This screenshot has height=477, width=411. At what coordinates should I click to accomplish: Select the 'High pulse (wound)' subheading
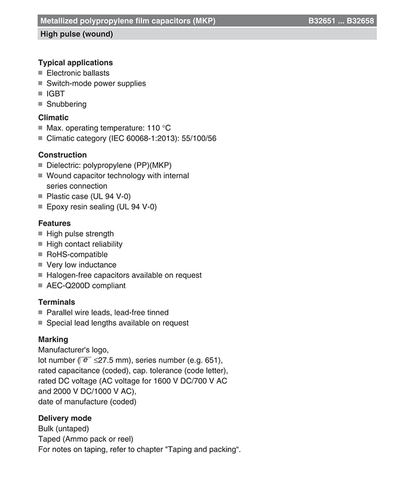click(x=76, y=34)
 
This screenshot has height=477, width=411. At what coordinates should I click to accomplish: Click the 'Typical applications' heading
click(x=75, y=62)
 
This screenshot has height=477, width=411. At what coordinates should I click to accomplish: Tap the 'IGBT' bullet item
click(x=55, y=93)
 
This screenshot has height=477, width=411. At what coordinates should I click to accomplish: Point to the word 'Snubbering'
click(x=66, y=104)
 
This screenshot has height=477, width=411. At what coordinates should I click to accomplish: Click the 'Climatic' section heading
click(x=53, y=117)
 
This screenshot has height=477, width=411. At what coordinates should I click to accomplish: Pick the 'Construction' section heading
click(x=62, y=154)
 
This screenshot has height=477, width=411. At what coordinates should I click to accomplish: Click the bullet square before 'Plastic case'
click(x=41, y=196)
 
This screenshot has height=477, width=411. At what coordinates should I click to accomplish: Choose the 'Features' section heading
click(x=54, y=223)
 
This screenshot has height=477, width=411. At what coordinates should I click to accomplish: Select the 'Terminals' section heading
click(x=57, y=302)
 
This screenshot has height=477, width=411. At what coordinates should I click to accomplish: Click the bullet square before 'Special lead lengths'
click(x=41, y=323)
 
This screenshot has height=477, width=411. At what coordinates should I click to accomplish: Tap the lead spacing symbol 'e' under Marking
click(x=85, y=360)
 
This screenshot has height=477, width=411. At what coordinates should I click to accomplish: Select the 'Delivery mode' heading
click(x=64, y=418)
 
